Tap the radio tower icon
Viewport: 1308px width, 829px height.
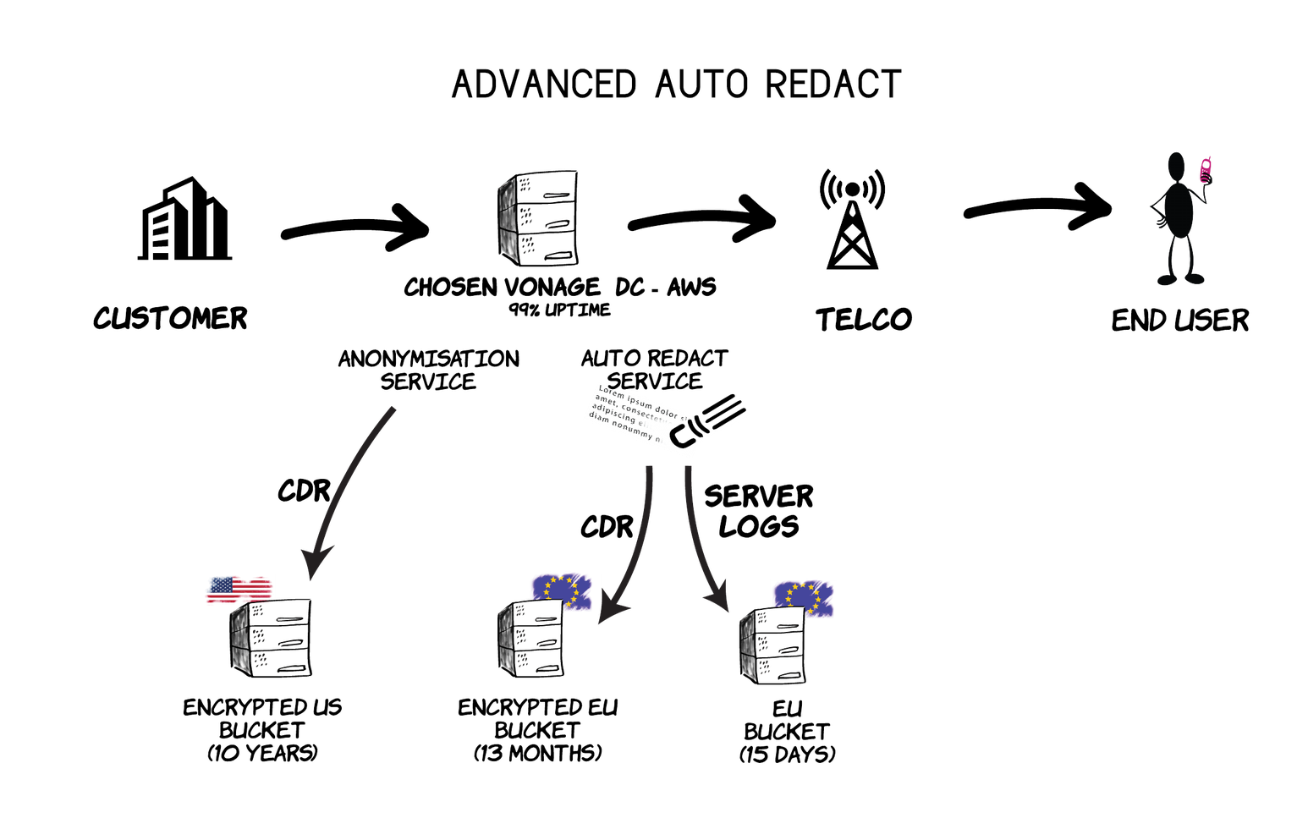tap(852, 224)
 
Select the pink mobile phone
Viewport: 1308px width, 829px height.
tap(1206, 170)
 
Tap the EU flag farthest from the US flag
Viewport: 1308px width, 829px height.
tap(805, 596)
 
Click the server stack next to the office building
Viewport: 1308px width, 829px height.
tap(538, 218)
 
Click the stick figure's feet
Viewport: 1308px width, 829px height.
tap(1180, 278)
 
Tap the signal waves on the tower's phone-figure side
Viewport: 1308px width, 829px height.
tap(877, 190)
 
